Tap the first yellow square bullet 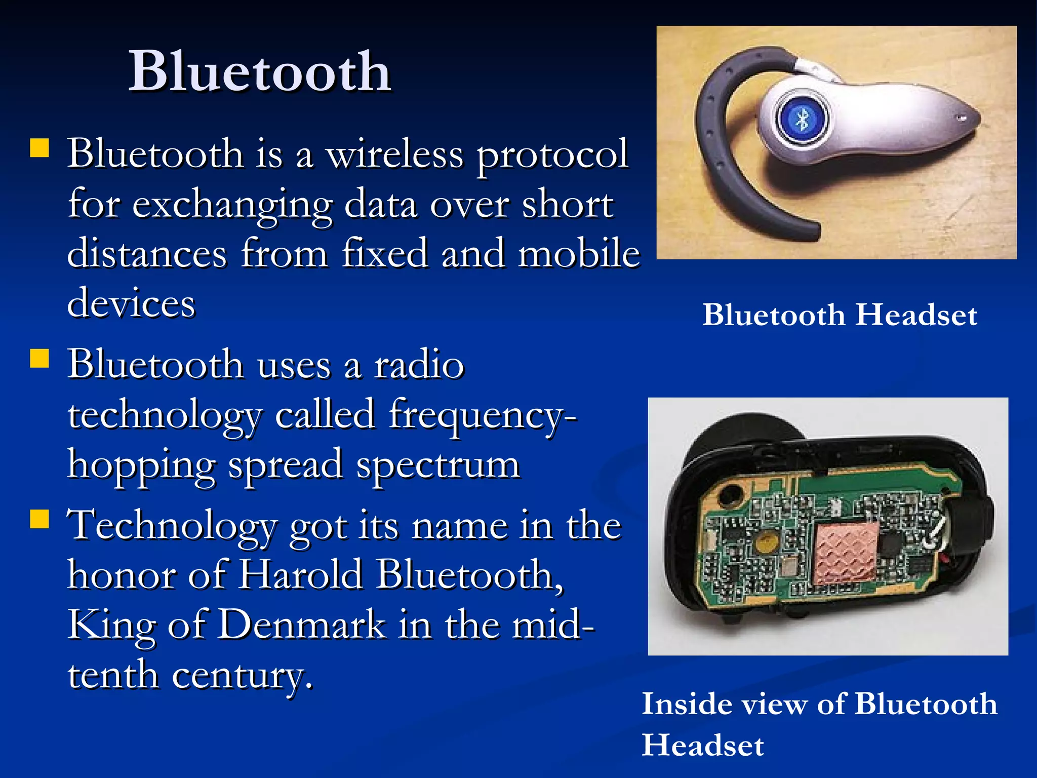[39, 149]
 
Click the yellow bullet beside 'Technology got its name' [39, 519]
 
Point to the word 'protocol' [552, 155]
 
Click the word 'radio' [419, 364]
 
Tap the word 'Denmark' [302, 624]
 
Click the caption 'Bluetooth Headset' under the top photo [839, 315]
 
